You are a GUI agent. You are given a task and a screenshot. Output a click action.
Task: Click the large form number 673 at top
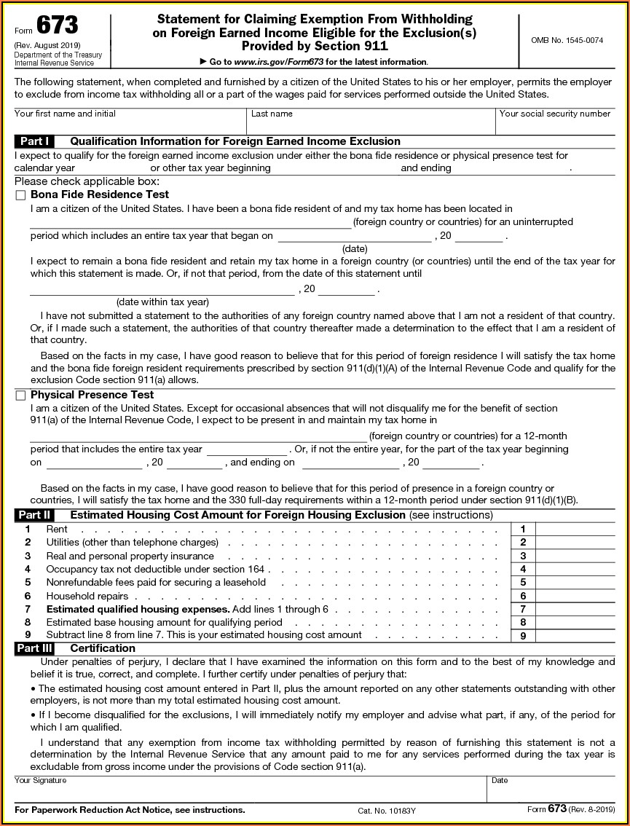[58, 26]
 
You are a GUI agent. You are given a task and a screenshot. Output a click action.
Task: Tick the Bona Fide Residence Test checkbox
[20, 195]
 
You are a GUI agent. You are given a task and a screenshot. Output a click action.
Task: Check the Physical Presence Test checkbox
[20, 396]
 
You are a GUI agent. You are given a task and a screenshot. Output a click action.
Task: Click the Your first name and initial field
[130, 126]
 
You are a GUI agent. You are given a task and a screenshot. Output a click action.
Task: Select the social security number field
[555, 126]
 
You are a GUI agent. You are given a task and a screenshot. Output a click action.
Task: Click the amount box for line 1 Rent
[575, 529]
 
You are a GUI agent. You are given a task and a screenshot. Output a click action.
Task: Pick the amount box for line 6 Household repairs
[575, 596]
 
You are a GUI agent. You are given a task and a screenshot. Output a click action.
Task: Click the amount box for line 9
[575, 636]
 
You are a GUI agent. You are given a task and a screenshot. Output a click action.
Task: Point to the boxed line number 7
[523, 609]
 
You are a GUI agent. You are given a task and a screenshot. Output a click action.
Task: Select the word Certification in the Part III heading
[103, 648]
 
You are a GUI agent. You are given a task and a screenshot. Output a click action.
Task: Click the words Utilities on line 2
[63, 542]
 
